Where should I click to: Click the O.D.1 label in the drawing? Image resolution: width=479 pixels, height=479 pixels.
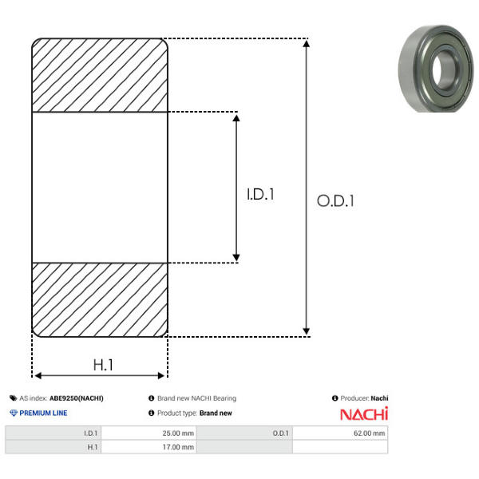coord(335,201)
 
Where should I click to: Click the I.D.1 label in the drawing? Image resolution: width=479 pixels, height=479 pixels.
coord(260,194)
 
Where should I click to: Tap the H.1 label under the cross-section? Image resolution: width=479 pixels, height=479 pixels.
coord(103,365)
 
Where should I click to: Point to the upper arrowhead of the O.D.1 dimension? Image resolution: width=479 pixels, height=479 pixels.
coord(306,43)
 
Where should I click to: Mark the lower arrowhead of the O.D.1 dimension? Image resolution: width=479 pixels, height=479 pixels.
coord(306,331)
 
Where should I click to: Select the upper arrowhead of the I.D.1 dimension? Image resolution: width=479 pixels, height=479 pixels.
coord(236,118)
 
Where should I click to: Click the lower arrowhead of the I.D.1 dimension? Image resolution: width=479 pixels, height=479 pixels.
coord(236,258)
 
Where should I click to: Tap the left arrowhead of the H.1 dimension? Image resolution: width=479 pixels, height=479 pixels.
coord(38,375)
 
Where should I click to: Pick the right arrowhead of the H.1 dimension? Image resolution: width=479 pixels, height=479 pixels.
coord(161,375)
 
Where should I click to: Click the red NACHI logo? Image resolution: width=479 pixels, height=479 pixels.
coord(364,414)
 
